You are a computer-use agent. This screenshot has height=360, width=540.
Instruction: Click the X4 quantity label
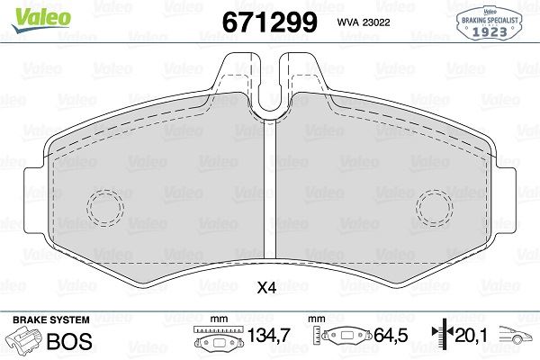click(x=266, y=289)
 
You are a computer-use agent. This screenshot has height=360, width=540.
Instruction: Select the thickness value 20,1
click(x=473, y=337)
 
